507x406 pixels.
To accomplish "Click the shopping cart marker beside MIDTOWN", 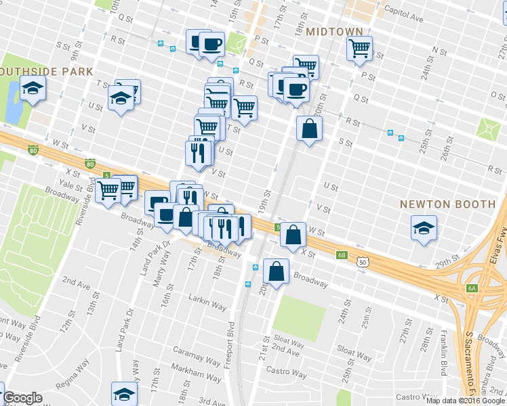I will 359,47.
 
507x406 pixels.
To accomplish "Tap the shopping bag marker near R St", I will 309,128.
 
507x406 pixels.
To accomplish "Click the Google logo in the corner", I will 22,398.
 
